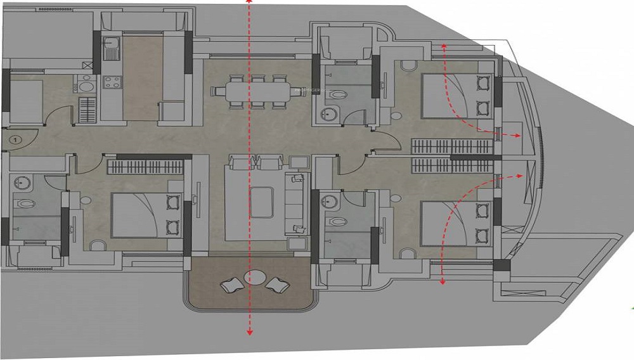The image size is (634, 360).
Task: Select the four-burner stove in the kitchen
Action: click(112, 82)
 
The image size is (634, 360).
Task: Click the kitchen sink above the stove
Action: click(110, 48)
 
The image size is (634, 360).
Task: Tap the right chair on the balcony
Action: click(276, 285)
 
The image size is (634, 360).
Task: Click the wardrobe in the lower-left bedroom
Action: click(145, 167)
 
